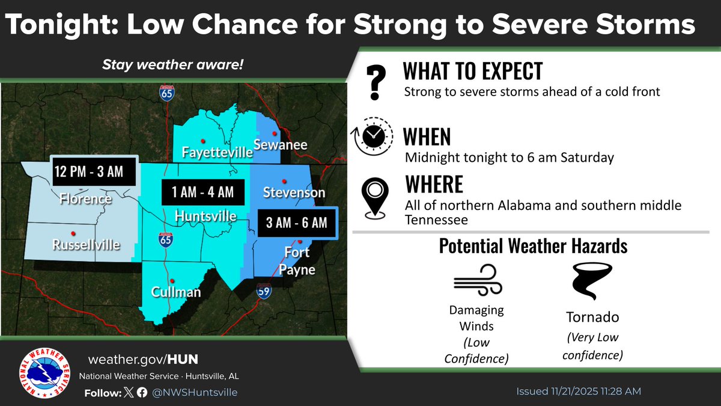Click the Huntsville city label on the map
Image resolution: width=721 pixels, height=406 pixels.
(205, 215)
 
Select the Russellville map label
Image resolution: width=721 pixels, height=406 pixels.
(85, 245)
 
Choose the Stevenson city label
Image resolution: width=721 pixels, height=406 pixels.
(294, 192)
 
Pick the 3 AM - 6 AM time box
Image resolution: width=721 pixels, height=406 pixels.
(297, 223)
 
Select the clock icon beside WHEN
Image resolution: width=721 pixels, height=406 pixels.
(372, 137)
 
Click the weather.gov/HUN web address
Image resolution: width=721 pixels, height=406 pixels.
(142, 360)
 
